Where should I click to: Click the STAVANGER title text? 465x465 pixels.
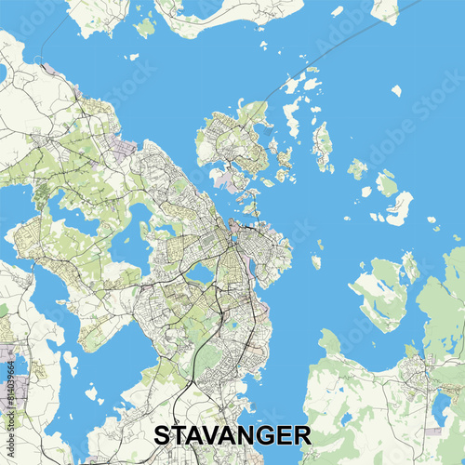pyautogui.click(x=232, y=435)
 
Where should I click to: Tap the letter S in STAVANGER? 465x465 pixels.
pyautogui.click(x=161, y=435)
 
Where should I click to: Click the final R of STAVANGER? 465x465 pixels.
pyautogui.click(x=302, y=435)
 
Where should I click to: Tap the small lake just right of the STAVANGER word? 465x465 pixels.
pyautogui.click(x=345, y=419)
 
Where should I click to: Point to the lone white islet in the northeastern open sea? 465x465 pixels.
pyautogui.click(x=396, y=90)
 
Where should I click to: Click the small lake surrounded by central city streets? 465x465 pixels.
pyautogui.click(x=200, y=272)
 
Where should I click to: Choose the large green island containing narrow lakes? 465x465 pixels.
pyautogui.click(x=382, y=293)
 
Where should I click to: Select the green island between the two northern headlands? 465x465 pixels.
pyautogui.click(x=145, y=26)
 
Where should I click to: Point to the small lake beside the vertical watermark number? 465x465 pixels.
pyautogui.click(x=20, y=367)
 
